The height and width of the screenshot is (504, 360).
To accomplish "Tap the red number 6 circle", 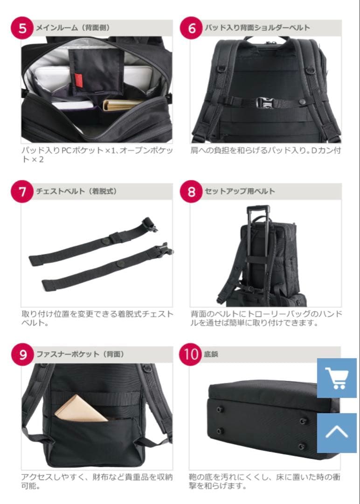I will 192,28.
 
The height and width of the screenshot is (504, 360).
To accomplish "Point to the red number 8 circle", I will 192,191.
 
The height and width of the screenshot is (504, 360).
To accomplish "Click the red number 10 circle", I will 192,355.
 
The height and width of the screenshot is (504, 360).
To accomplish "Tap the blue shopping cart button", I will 337,378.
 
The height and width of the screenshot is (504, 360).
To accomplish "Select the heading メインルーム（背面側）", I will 73,28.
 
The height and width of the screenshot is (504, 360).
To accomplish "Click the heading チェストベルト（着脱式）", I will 76,191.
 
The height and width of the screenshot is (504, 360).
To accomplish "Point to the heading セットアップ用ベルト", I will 240,191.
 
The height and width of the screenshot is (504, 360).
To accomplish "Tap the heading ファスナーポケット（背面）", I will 80,355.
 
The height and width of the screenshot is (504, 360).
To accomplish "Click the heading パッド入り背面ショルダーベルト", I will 257,28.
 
